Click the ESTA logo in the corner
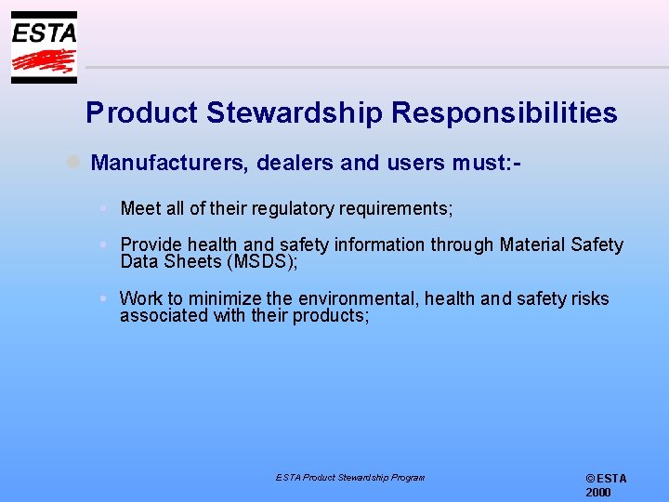click(44, 47)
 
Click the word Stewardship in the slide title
click(294, 113)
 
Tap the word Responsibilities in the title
click(504, 113)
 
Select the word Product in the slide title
click(142, 113)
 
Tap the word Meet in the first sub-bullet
click(141, 209)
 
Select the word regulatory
click(295, 209)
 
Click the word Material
click(532, 245)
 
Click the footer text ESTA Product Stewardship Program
click(349, 478)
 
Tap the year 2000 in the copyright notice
click(598, 493)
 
